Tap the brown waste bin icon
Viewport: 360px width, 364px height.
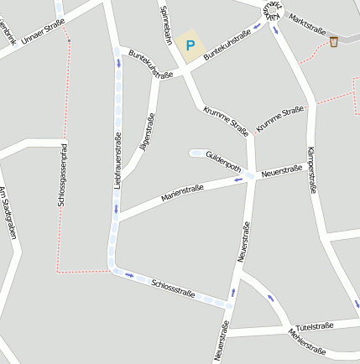coord(335,41)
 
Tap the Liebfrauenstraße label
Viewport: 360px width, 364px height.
coord(118,159)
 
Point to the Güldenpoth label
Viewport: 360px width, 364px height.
coord(223,161)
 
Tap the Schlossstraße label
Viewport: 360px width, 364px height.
coord(174,288)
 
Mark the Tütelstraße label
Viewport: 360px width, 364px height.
coord(315,326)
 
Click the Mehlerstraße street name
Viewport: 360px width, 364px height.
coord(307,341)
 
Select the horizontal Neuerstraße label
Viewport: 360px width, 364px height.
coord(281,171)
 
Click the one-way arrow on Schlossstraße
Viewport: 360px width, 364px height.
coord(128,274)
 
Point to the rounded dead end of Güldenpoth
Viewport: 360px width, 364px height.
coord(194,153)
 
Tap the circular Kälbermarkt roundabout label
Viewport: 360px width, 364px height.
coord(269,10)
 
